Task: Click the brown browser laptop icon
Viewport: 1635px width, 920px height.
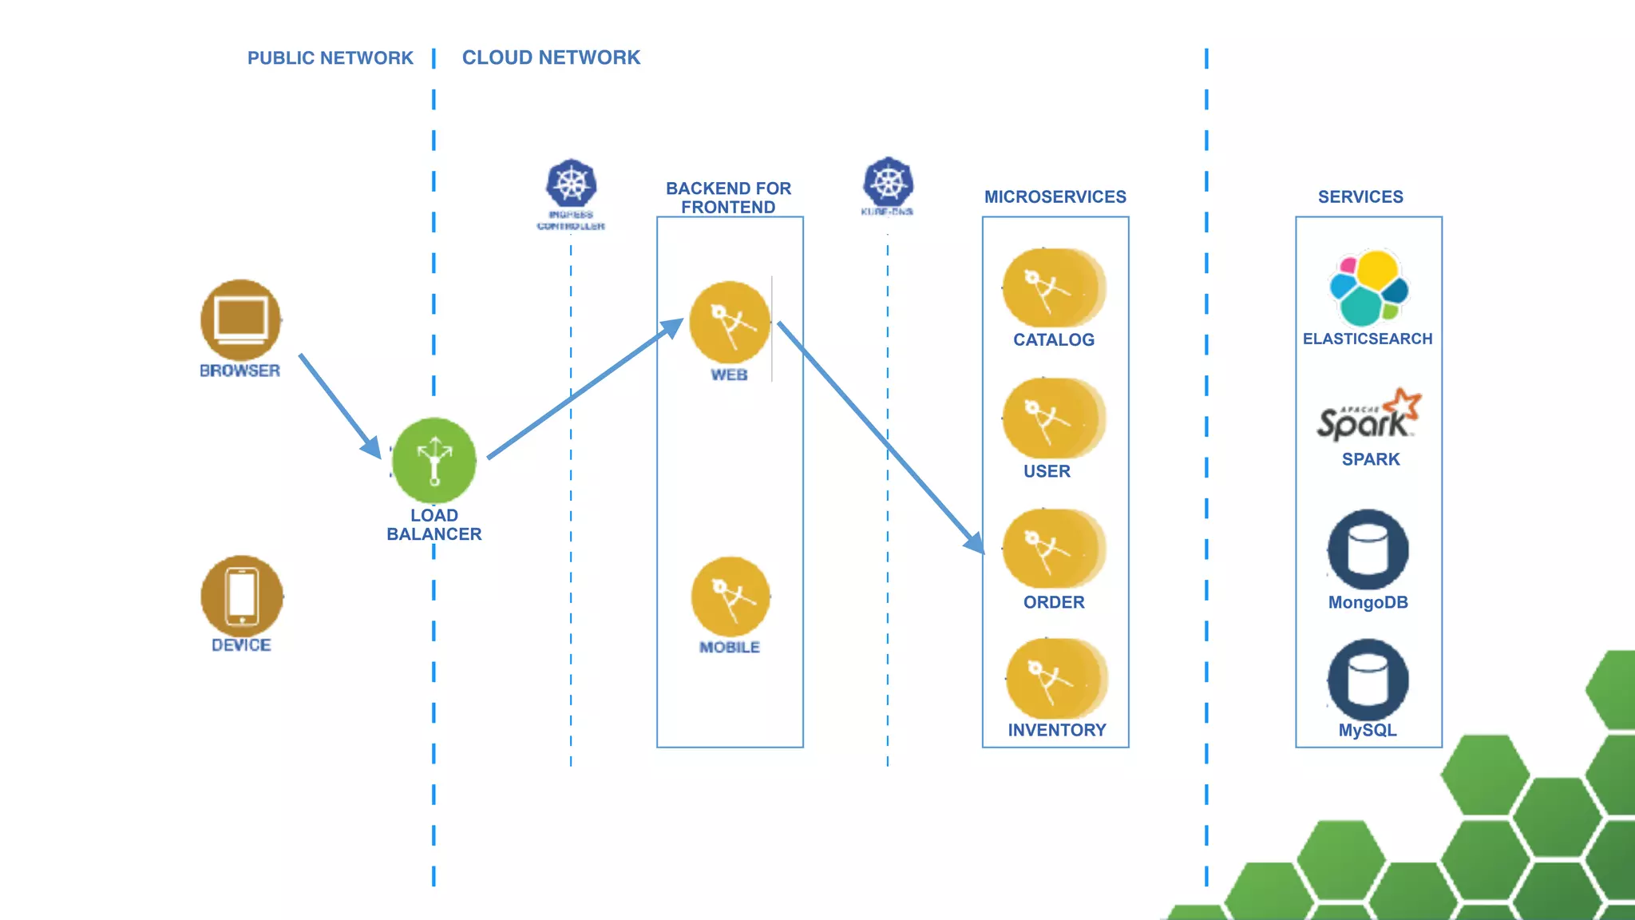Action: click(241, 319)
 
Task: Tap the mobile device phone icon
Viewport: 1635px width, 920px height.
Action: click(242, 596)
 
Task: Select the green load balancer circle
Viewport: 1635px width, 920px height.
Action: click(434, 461)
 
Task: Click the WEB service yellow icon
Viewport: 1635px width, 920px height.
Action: click(729, 323)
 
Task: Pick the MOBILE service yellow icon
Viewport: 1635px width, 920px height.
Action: click(730, 597)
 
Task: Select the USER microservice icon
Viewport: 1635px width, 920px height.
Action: click(1053, 418)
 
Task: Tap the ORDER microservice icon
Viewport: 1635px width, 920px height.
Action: click(1053, 549)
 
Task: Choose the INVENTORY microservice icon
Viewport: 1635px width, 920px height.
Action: click(1055, 678)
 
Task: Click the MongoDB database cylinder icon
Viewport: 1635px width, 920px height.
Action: click(1368, 549)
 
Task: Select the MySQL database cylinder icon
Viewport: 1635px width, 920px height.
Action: click(1368, 680)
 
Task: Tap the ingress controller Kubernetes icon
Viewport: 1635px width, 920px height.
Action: click(571, 184)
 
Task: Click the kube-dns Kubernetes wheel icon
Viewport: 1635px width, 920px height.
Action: click(888, 181)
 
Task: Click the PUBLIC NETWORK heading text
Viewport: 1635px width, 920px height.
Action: click(330, 58)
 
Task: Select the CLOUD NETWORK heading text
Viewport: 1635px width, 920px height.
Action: click(551, 57)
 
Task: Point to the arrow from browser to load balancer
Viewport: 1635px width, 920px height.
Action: click(339, 405)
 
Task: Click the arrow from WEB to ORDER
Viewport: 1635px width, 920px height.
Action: click(878, 435)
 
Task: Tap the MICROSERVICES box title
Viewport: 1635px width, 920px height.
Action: click(1055, 196)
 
